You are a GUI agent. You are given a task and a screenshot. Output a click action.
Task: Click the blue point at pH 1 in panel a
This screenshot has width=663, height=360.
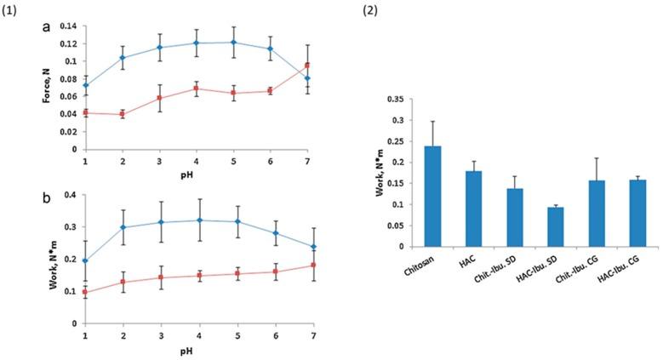point(85,85)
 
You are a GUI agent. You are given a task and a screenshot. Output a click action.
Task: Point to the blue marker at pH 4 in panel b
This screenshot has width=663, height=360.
point(198,220)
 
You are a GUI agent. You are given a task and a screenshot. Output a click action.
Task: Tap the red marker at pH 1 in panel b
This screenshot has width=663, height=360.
point(85,292)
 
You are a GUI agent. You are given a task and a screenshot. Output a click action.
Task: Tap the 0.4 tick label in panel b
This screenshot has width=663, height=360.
point(71,195)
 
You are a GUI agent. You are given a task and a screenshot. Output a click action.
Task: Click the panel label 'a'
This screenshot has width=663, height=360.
point(46,27)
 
